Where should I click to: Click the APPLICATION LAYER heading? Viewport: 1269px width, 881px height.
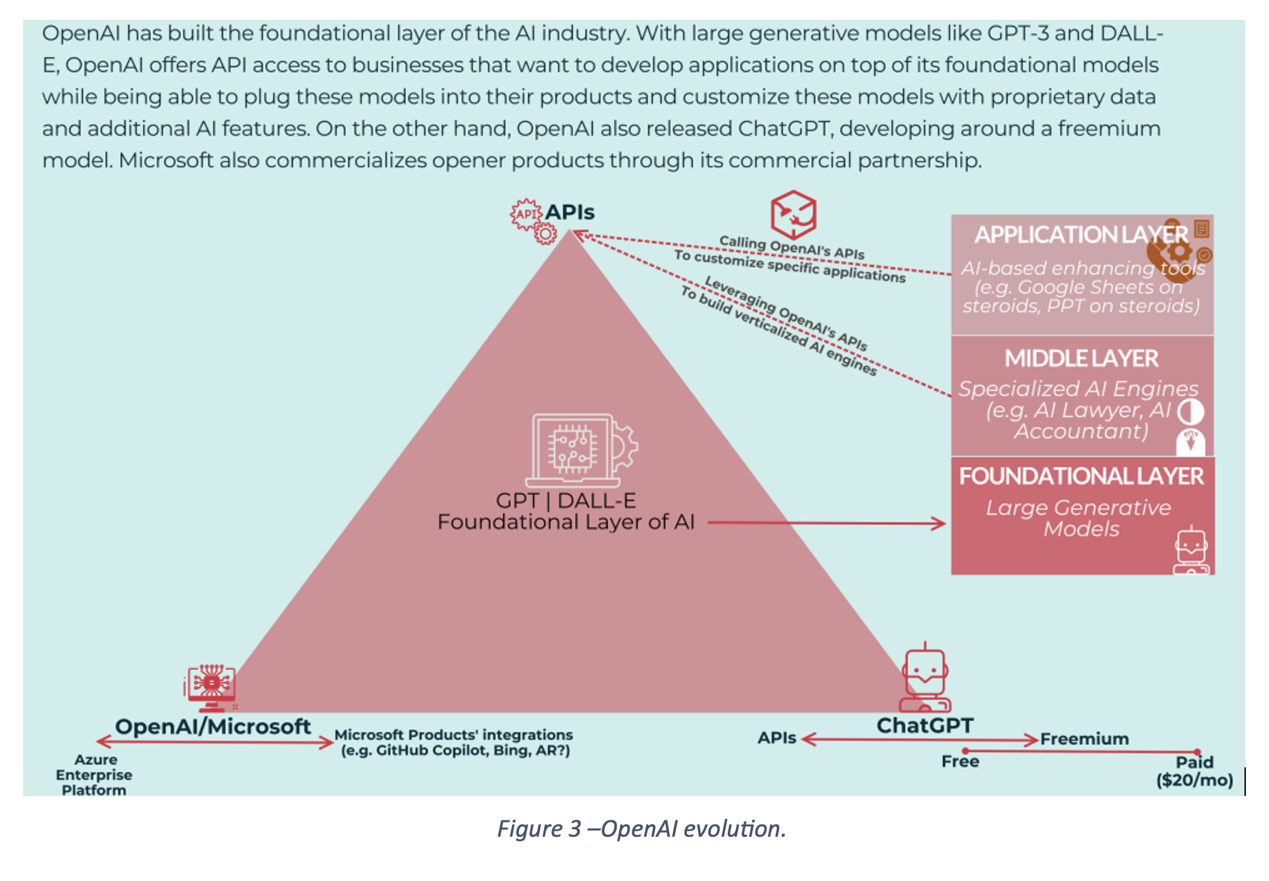[x=1081, y=235]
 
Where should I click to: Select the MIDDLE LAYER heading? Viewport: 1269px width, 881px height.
[x=1081, y=358]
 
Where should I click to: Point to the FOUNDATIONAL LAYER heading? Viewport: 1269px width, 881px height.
[x=1081, y=476]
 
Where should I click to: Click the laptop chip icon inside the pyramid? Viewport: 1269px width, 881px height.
[x=582, y=450]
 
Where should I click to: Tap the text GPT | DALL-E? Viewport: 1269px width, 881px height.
[x=566, y=500]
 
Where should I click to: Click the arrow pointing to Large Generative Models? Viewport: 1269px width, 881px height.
[x=826, y=523]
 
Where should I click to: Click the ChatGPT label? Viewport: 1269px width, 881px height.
[x=925, y=726]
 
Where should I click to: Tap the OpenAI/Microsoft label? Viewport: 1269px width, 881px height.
[x=212, y=726]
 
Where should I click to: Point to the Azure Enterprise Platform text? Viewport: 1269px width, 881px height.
[x=94, y=775]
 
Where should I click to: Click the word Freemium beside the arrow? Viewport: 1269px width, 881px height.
[x=1085, y=739]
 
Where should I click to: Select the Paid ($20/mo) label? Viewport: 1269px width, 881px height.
[x=1195, y=771]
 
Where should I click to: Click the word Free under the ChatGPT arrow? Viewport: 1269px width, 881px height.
[x=960, y=761]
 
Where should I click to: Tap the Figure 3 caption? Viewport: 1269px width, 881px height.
[x=641, y=829]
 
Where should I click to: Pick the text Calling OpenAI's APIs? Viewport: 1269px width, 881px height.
[x=792, y=247]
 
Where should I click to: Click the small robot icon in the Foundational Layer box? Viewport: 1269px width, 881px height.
[x=1191, y=550]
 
